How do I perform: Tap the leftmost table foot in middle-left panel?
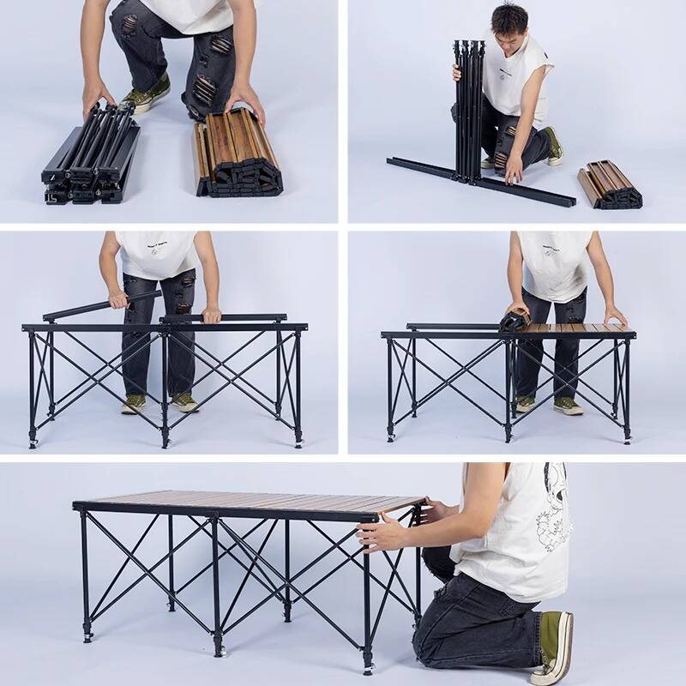click(x=33, y=441)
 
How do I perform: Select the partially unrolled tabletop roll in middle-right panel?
click(x=514, y=321)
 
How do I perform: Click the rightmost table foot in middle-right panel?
click(x=628, y=439)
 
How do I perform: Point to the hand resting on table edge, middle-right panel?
click(x=614, y=315)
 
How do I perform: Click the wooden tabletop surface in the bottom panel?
click(x=257, y=501)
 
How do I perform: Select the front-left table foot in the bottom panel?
click(x=87, y=635)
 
